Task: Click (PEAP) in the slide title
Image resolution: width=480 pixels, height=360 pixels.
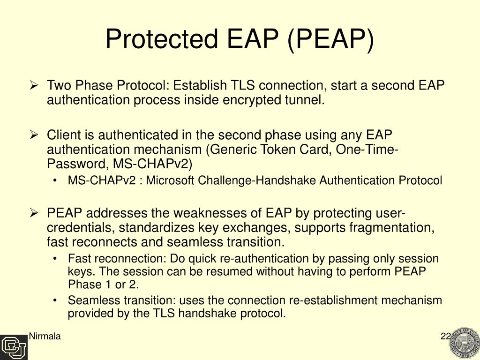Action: (331, 38)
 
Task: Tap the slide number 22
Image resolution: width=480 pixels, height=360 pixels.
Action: (445, 336)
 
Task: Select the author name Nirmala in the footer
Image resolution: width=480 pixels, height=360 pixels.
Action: (45, 336)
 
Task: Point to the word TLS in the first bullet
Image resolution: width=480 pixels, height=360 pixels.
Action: (242, 86)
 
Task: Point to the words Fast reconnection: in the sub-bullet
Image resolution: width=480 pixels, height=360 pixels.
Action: (117, 259)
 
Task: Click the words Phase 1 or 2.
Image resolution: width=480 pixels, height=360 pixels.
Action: (103, 285)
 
